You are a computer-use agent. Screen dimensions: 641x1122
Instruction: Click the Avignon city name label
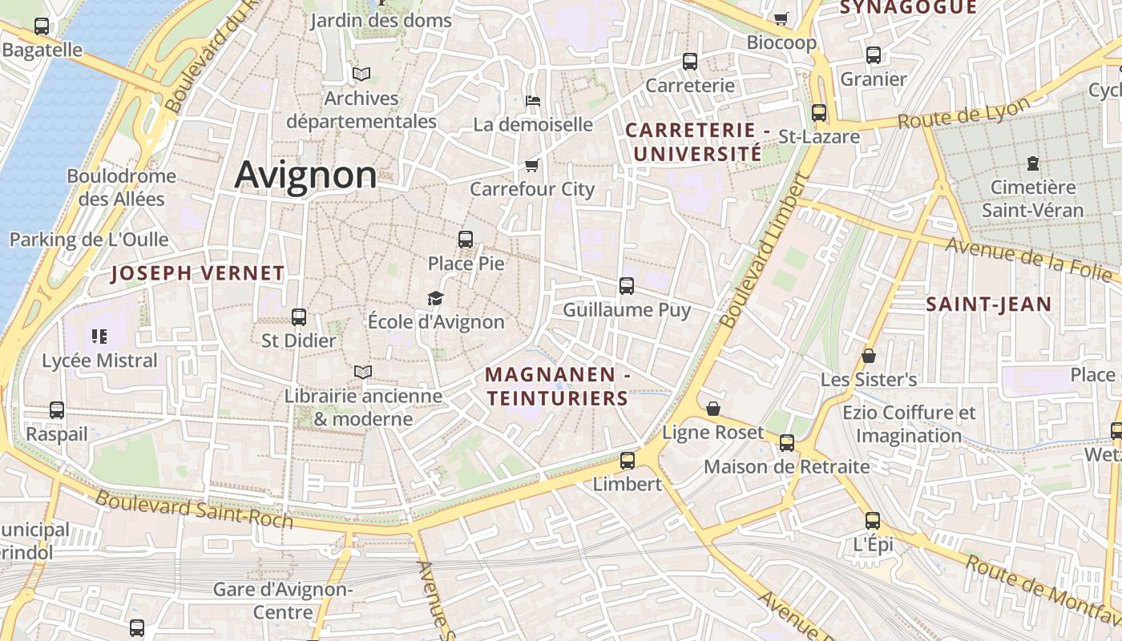click(305, 175)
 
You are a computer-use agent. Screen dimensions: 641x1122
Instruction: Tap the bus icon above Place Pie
click(465, 239)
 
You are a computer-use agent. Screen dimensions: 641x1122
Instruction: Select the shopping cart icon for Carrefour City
click(531, 165)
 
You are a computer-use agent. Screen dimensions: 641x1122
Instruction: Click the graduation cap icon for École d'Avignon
click(435, 298)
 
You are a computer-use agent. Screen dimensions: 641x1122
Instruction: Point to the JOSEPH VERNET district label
click(197, 273)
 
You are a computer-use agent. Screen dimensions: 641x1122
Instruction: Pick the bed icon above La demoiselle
click(533, 101)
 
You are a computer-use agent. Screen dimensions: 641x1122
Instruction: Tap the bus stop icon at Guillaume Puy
click(627, 285)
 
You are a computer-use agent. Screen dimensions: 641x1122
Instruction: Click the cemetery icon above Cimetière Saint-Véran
click(1032, 163)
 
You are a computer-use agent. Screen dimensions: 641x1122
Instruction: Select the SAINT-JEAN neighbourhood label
click(988, 304)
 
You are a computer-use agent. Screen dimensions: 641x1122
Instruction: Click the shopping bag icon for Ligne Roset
click(712, 409)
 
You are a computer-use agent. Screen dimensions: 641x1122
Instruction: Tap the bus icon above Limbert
click(627, 460)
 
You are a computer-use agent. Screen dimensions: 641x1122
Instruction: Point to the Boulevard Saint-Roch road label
click(195, 510)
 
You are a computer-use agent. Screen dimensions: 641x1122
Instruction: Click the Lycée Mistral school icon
click(99, 337)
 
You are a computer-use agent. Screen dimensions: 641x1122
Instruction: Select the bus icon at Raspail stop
click(57, 410)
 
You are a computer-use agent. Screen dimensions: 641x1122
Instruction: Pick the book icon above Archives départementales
click(361, 75)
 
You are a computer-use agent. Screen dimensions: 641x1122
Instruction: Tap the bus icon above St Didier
click(299, 316)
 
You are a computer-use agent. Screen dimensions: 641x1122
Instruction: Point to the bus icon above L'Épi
click(873, 520)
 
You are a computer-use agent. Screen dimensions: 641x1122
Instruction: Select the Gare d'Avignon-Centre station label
click(282, 601)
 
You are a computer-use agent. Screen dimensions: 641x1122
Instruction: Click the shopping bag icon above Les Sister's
click(869, 355)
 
